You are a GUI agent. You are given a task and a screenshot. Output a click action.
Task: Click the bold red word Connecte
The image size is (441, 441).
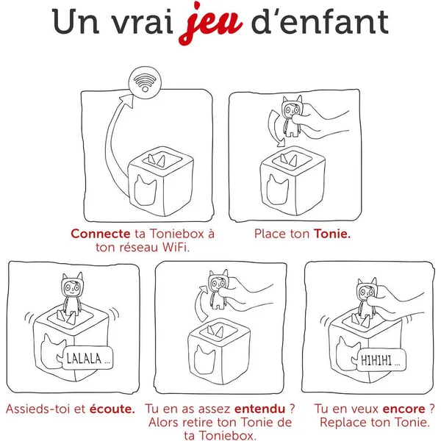[99, 234]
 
